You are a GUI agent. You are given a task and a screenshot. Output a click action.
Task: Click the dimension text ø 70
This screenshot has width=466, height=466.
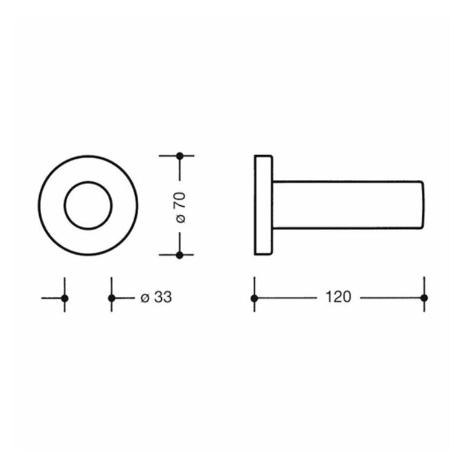coord(180,208)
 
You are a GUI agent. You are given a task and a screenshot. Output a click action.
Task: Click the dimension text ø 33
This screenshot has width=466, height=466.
coord(156,297)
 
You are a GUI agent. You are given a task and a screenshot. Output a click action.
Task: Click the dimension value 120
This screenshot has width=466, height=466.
coord(339,297)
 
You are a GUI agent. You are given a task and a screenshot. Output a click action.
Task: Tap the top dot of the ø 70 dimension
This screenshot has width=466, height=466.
coord(180,156)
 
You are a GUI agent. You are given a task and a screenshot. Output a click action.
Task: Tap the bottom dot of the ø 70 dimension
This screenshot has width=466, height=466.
coord(179,255)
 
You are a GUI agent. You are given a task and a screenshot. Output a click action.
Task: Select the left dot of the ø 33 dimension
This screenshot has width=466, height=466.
coord(65,298)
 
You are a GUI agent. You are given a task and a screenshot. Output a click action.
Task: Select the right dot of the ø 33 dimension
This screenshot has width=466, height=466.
coord(112,298)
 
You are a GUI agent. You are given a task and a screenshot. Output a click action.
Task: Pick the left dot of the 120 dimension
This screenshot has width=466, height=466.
coord(254,298)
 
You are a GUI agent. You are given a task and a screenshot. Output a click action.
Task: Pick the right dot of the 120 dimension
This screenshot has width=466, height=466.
coord(424,298)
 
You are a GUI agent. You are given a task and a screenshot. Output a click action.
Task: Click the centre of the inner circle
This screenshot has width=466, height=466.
coord(88,205)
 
